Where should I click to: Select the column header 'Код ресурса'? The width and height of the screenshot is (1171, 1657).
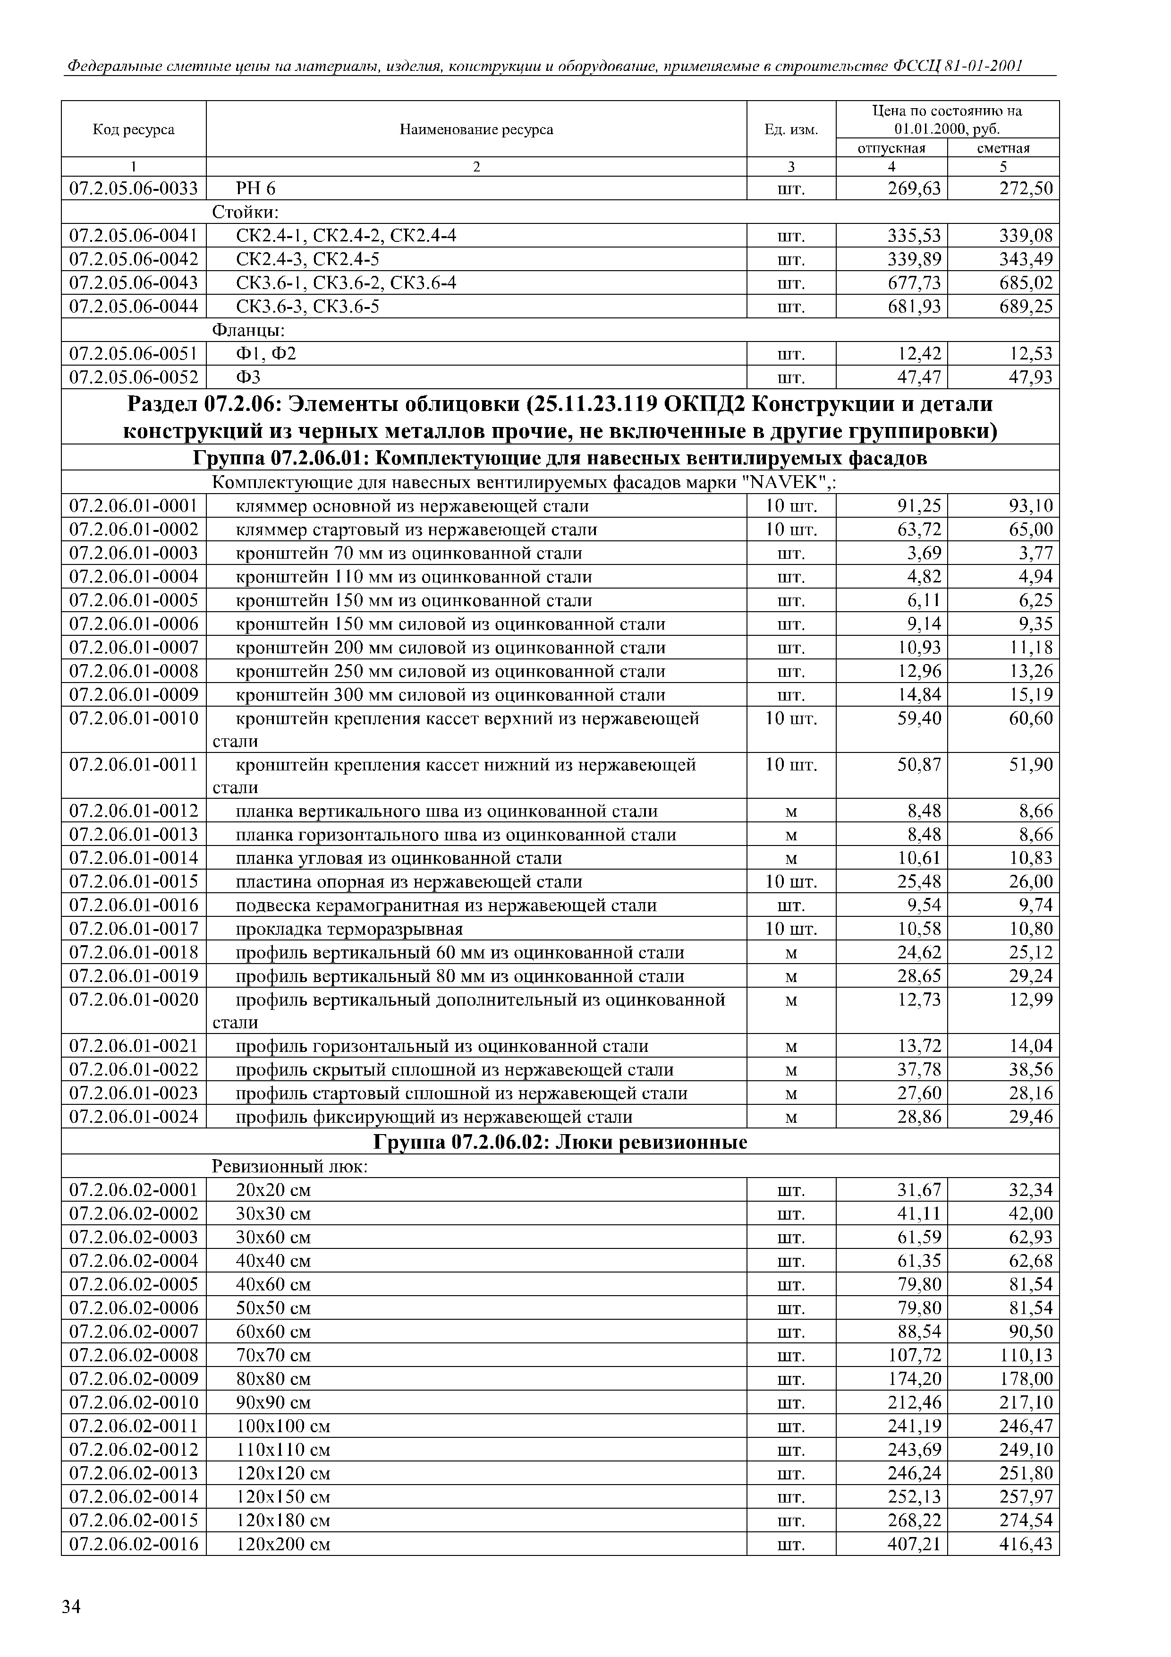(134, 129)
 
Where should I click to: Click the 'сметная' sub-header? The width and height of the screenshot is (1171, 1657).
(1003, 148)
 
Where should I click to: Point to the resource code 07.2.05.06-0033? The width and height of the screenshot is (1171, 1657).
(134, 188)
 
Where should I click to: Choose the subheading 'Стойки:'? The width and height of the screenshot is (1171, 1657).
(246, 212)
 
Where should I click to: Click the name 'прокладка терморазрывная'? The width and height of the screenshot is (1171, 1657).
(349, 929)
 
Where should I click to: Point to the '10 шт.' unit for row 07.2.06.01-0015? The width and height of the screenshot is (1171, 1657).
(791, 882)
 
